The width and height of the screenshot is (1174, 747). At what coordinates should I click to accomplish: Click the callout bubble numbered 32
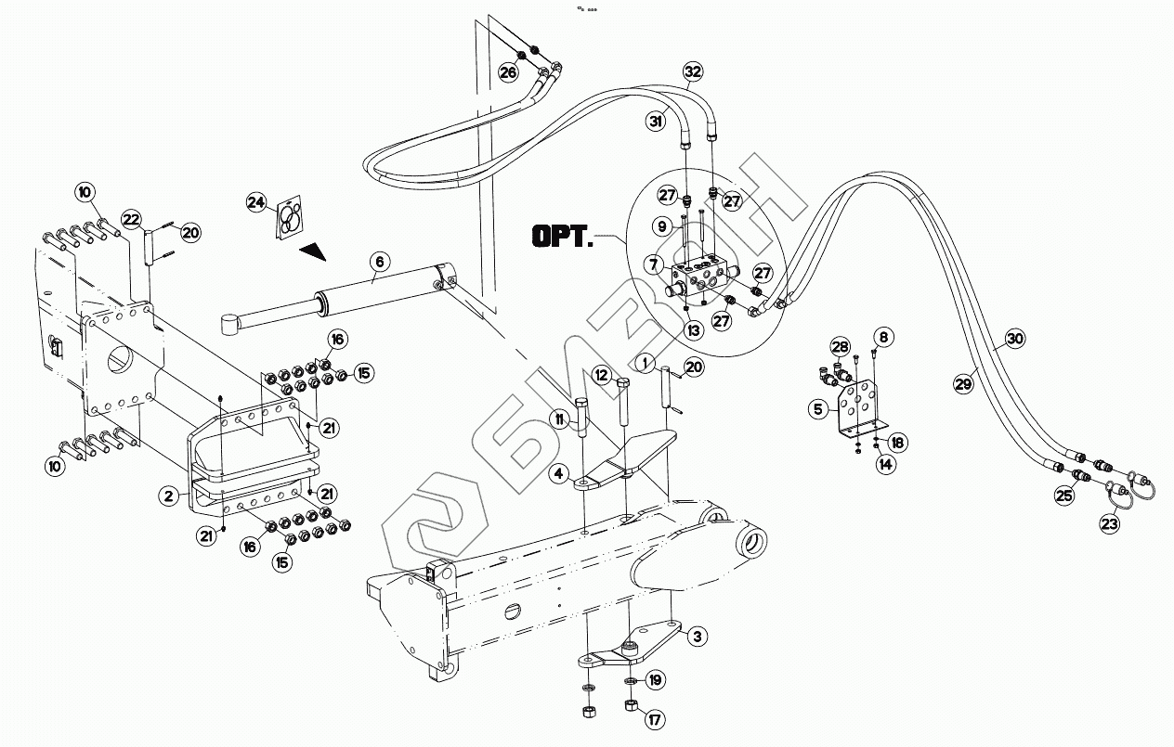(x=692, y=71)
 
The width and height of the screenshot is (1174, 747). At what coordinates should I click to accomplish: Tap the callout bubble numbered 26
(x=508, y=72)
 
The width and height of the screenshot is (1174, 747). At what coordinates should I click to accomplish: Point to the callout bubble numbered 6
(x=378, y=262)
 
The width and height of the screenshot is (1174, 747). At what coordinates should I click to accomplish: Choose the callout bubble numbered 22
(x=132, y=220)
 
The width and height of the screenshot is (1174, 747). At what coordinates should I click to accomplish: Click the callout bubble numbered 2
(x=168, y=496)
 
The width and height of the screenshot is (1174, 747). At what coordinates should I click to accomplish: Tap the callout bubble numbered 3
(x=697, y=637)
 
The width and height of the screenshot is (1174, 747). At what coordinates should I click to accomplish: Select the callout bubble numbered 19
(x=656, y=680)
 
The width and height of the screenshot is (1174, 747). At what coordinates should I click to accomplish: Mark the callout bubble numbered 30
(x=1015, y=339)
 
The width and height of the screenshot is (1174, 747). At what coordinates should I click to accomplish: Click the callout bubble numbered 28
(x=840, y=348)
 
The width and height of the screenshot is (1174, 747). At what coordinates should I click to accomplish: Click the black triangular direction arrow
(x=313, y=250)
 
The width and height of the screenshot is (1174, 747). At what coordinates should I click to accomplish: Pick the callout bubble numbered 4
(x=559, y=474)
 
